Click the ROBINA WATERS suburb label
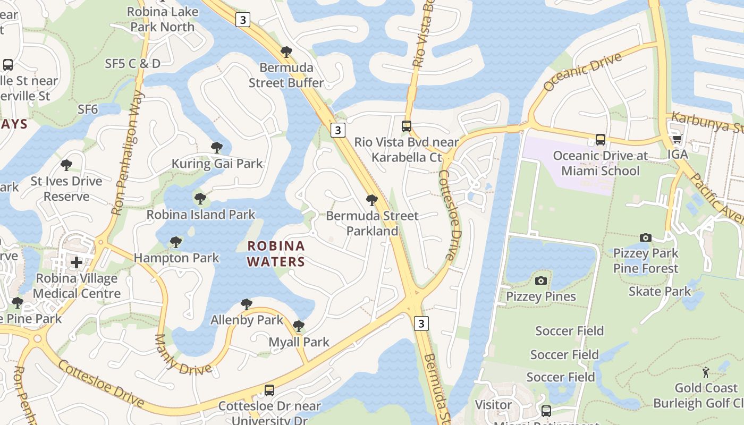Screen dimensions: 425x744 pyautogui.click(x=276, y=253)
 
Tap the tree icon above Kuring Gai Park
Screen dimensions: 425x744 pyautogui.click(x=216, y=147)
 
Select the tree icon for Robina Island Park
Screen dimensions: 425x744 pyautogui.click(x=200, y=199)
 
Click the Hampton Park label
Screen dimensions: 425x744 pyautogui.click(x=176, y=258)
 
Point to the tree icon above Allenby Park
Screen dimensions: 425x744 pyautogui.click(x=246, y=304)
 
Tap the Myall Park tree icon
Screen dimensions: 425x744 pyautogui.click(x=299, y=326)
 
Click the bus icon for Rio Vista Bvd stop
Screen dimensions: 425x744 pyautogui.click(x=407, y=126)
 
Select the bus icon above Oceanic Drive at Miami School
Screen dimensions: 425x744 pyautogui.click(x=601, y=140)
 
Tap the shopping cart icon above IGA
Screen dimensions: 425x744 pyautogui.click(x=677, y=139)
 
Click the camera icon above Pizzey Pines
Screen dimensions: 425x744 pyautogui.click(x=541, y=280)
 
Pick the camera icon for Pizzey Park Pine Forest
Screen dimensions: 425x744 pyautogui.click(x=646, y=237)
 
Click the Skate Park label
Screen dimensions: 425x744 pyautogui.click(x=660, y=291)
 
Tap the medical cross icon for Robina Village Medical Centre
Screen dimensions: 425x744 pyautogui.click(x=77, y=262)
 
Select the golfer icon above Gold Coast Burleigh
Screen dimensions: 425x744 pyautogui.click(x=706, y=372)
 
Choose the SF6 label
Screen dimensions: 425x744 pyautogui.click(x=88, y=109)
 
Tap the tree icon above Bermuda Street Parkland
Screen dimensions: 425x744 pyautogui.click(x=372, y=200)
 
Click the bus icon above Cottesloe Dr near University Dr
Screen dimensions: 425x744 pyautogui.click(x=269, y=390)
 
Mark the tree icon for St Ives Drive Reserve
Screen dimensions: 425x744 pyautogui.click(x=66, y=165)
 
